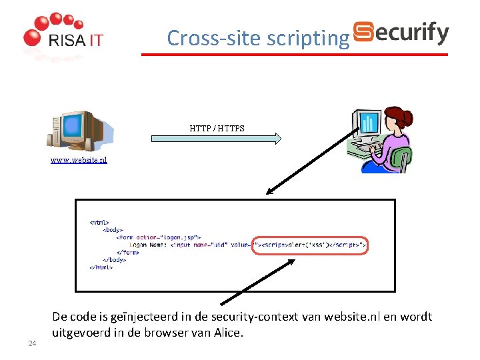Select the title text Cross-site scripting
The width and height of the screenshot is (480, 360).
[258, 38]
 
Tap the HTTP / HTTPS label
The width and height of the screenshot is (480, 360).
[217, 127]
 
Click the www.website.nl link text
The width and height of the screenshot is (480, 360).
[79, 160]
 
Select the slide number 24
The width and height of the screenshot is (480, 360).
[31, 343]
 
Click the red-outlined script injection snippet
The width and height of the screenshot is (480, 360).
[309, 245]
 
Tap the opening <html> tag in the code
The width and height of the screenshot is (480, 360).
[99, 223]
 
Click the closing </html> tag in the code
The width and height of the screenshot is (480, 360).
[101, 267]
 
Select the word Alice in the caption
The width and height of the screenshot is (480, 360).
[227, 332]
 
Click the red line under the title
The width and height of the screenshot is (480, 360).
[293, 54]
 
